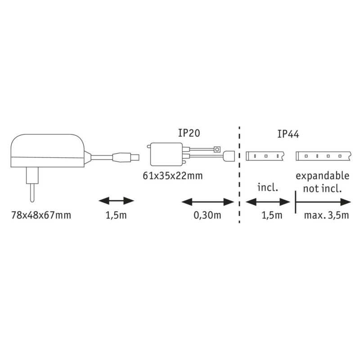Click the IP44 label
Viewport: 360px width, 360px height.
pos(288,133)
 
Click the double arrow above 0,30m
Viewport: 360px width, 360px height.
pos(207,202)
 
